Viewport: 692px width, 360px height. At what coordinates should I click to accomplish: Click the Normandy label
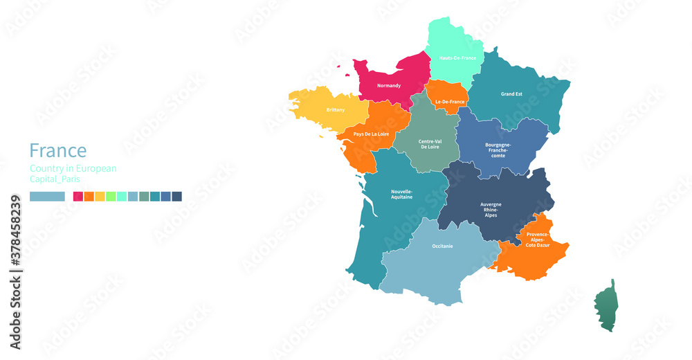[x=388, y=86]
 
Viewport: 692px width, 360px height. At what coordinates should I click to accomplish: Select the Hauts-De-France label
[x=457, y=58]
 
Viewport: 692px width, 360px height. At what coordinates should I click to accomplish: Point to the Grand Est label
[x=511, y=94]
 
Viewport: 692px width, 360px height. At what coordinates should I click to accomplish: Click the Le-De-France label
[x=450, y=102]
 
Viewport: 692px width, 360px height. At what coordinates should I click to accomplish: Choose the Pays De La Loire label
[x=371, y=134]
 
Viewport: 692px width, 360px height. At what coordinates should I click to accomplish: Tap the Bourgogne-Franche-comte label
[x=498, y=150]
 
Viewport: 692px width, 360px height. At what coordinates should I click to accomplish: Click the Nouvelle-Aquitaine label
[x=402, y=194]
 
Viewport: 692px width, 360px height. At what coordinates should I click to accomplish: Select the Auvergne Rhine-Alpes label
[x=495, y=210]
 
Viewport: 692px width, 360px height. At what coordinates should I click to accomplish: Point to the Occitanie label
[x=443, y=246]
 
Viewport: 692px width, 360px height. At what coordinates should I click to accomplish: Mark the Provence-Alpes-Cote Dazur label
[x=537, y=240]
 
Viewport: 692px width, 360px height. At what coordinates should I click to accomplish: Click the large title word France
[x=58, y=150]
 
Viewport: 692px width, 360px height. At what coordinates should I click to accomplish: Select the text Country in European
[x=73, y=168]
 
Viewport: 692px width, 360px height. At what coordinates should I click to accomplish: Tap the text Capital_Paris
[x=55, y=179]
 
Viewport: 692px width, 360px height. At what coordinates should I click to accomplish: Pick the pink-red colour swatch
[x=78, y=197]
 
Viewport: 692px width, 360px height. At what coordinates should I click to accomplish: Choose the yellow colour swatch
[x=100, y=197]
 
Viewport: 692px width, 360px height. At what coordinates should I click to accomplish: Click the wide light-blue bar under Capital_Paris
[x=47, y=197]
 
